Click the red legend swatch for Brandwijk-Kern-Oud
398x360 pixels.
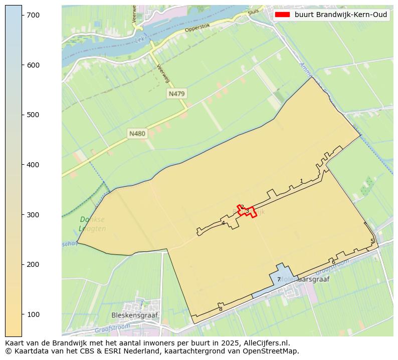(282, 15)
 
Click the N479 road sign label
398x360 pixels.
(177, 94)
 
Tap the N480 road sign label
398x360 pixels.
(137, 133)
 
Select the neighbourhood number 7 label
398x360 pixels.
(279, 280)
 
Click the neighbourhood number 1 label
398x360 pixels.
(301, 181)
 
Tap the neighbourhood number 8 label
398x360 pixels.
(221, 309)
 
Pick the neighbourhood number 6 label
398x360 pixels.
(333, 262)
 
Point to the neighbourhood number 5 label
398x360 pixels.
(372, 241)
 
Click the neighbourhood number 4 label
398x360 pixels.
(223, 223)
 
